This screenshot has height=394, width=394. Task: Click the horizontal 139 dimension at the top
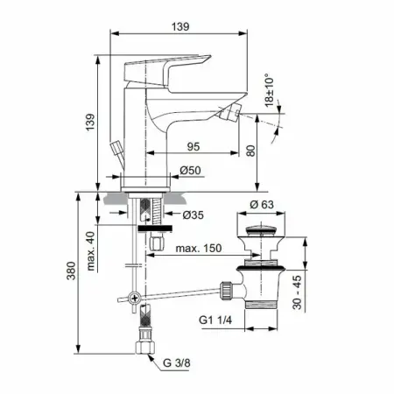180,26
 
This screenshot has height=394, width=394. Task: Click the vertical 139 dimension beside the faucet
91,122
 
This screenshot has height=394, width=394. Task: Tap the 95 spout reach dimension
193,146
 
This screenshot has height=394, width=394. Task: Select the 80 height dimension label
250,151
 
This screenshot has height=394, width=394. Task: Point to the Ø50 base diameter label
190,170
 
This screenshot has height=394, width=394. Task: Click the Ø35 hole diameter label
193,215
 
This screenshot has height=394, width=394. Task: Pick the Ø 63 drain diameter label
262,205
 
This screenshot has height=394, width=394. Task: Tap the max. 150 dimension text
199,249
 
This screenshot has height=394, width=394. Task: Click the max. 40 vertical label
91,251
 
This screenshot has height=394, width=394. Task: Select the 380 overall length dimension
71,271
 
